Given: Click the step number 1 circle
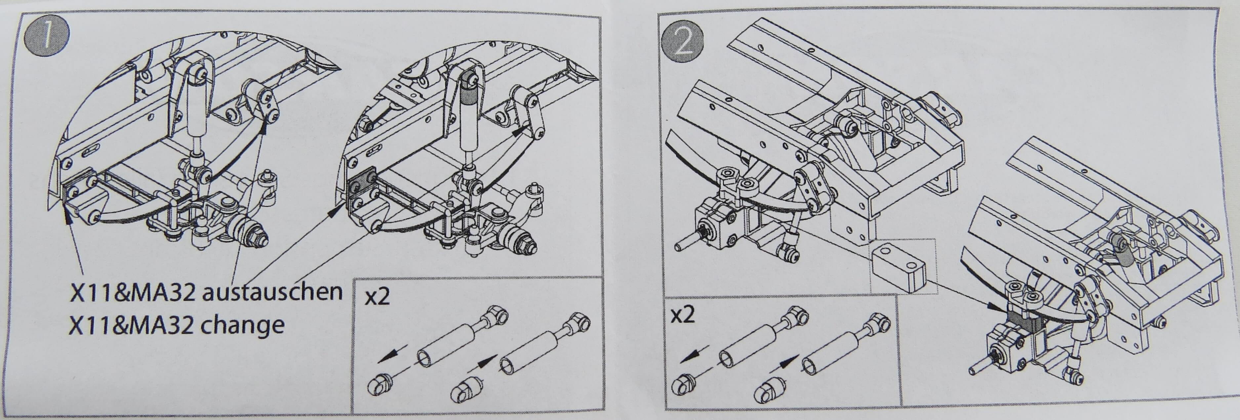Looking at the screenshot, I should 47,36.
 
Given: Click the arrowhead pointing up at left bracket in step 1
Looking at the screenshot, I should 68,220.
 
